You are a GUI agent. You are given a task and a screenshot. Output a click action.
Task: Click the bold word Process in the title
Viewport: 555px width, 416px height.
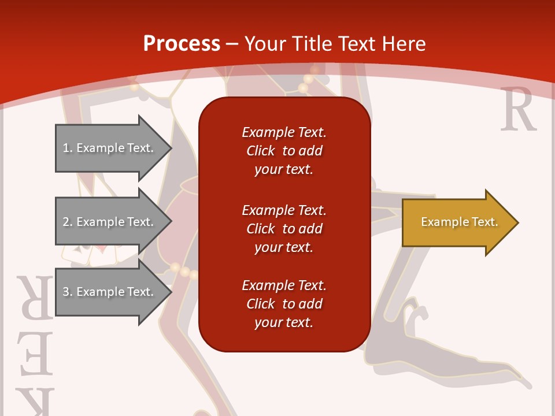coord(182,44)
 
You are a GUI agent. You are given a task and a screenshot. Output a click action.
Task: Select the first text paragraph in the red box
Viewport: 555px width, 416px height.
coord(284,151)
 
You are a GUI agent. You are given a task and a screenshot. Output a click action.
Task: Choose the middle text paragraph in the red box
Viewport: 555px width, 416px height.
coord(284,229)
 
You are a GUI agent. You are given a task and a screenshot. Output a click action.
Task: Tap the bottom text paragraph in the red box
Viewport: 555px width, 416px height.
coord(284,304)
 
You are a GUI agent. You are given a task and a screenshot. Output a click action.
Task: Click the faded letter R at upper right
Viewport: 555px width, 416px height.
coord(518,110)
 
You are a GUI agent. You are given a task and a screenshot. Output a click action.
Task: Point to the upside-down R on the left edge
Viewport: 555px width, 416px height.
coord(36,297)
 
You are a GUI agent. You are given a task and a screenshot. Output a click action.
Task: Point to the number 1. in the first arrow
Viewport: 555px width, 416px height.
coord(67,148)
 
